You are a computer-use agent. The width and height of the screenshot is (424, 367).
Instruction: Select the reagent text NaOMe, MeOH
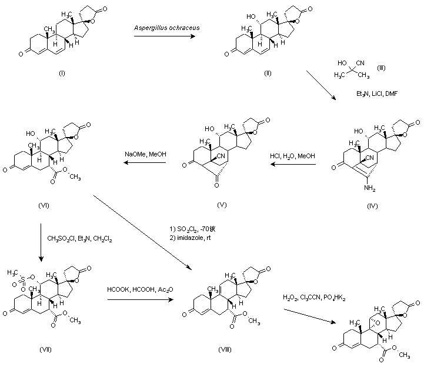click(145, 155)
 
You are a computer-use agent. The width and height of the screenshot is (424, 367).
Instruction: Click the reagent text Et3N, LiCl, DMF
click(377, 94)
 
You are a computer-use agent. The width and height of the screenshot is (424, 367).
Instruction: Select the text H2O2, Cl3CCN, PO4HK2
click(314, 298)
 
